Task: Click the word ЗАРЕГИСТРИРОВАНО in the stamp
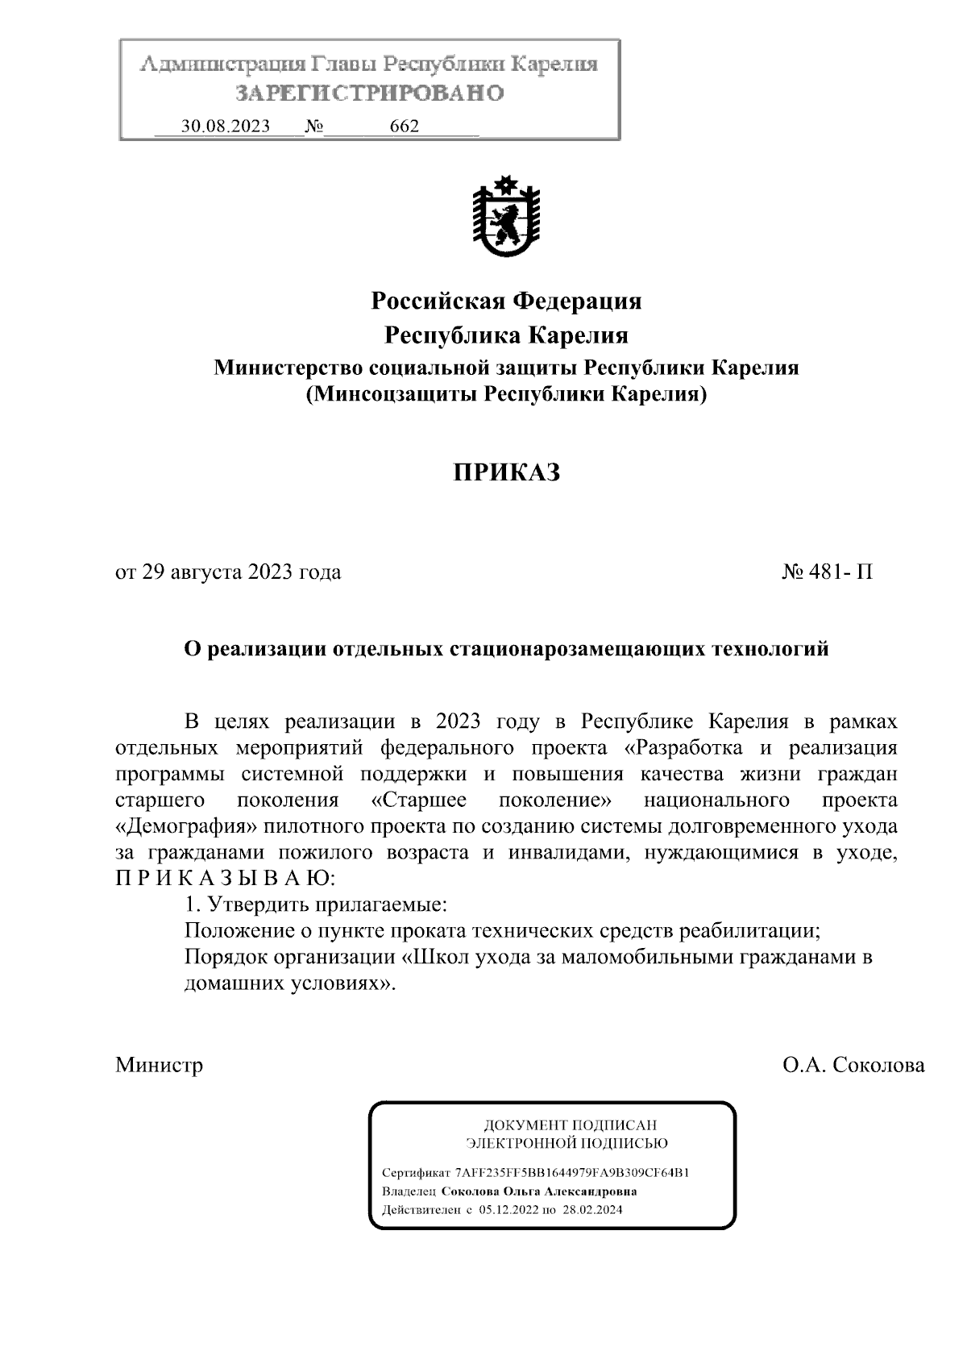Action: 369,94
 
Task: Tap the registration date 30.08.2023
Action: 226,127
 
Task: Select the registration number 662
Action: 404,127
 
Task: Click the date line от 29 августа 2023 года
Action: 228,572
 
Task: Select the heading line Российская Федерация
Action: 506,301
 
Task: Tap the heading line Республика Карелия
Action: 506,335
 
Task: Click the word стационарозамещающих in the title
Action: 575,649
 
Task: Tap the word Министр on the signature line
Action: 159,1065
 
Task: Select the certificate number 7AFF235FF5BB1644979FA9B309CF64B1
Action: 571,1172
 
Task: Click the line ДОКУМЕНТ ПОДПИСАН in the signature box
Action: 569,1125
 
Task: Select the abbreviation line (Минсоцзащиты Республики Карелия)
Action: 506,395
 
